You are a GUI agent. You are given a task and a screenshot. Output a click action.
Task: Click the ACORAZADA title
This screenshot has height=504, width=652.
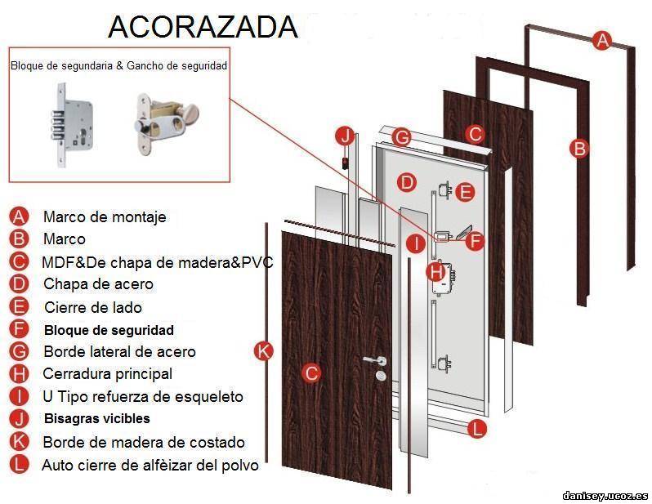point(203,27)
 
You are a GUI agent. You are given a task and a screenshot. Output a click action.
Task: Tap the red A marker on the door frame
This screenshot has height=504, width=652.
point(602,40)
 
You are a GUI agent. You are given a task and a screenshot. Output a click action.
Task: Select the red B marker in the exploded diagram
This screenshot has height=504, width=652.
point(579,148)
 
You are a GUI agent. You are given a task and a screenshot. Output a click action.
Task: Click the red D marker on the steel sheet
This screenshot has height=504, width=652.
point(407,182)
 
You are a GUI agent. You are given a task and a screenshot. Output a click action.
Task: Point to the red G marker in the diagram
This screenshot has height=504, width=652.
point(402,136)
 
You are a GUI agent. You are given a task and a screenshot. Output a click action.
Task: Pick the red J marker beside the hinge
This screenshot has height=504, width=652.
point(346,136)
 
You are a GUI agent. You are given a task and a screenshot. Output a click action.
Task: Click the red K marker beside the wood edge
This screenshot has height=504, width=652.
point(264,350)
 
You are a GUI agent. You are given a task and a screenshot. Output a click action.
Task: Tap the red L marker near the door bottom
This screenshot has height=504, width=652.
point(477,428)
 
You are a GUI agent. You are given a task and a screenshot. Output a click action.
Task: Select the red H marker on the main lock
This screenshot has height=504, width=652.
point(436,272)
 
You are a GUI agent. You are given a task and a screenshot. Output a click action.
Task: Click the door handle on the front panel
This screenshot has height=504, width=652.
point(374,360)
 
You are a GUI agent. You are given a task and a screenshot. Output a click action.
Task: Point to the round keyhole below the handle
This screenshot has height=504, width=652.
point(381,376)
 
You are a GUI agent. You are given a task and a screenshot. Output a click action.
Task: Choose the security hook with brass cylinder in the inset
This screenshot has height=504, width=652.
point(165,123)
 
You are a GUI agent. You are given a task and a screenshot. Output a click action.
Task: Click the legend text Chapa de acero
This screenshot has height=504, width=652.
point(99,284)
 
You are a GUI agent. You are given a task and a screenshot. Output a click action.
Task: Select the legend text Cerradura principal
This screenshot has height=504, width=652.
point(108,373)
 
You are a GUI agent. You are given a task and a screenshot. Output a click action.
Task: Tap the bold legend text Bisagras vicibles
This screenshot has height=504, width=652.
point(97,418)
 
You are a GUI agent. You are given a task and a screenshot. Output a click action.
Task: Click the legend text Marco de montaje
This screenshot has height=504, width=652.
point(105,216)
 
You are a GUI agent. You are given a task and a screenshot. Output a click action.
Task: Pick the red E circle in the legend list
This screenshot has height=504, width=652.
point(19,307)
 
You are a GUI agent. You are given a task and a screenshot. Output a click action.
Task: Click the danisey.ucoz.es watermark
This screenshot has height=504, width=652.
point(605,496)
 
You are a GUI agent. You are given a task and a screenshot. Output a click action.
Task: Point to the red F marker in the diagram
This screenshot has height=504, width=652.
point(475,241)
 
